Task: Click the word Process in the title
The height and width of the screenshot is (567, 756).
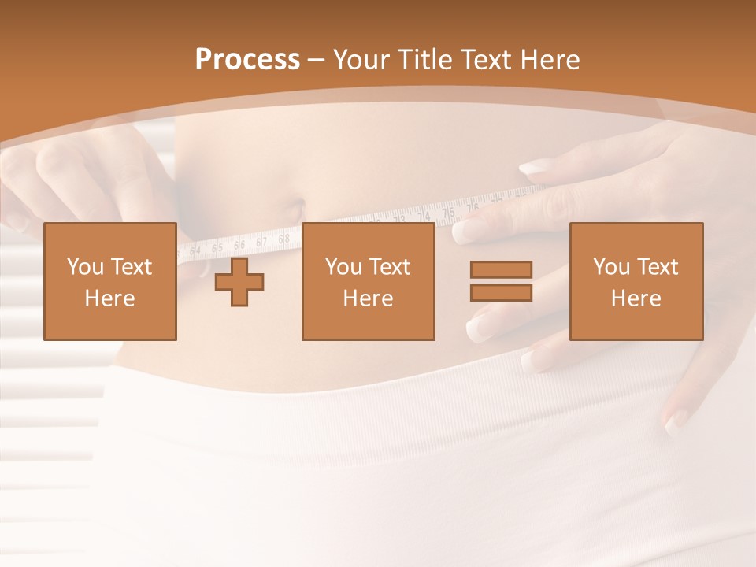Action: click(x=247, y=60)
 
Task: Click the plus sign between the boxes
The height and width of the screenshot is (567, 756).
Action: click(x=239, y=281)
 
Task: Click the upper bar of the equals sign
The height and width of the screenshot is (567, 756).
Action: click(x=501, y=270)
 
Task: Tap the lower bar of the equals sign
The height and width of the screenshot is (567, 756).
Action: click(x=501, y=292)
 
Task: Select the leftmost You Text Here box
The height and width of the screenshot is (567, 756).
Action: click(x=110, y=281)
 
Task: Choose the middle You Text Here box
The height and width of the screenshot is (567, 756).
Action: click(x=368, y=281)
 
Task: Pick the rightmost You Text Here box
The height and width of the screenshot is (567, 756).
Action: click(x=636, y=281)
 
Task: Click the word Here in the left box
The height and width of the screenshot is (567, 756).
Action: click(x=110, y=298)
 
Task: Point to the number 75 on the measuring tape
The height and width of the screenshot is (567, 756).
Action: click(x=448, y=213)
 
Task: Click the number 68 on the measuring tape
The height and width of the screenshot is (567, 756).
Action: click(x=284, y=237)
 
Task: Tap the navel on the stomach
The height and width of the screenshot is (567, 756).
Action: click(x=295, y=211)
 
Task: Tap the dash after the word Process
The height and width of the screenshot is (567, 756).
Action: click(x=317, y=61)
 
